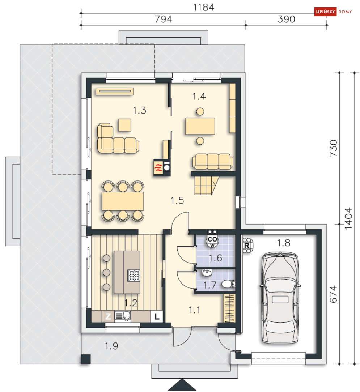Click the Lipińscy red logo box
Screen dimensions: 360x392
click(x=325, y=12)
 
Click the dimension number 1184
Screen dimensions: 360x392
click(x=204, y=8)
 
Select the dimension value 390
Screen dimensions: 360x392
click(x=286, y=19)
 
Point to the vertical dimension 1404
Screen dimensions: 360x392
click(x=348, y=218)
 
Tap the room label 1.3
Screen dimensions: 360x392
click(x=139, y=110)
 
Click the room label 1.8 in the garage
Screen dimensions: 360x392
click(x=283, y=243)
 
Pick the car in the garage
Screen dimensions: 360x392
click(x=280, y=298)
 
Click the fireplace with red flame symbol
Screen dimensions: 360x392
click(x=158, y=168)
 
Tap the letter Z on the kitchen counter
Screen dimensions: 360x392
click(x=108, y=316)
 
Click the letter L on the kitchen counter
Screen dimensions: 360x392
click(x=157, y=316)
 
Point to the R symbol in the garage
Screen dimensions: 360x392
click(x=247, y=246)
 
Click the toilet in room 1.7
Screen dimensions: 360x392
click(x=228, y=284)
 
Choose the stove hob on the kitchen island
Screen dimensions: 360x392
click(x=134, y=276)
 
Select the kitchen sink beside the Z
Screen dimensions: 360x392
click(x=123, y=316)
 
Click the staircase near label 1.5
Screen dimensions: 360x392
click(x=207, y=186)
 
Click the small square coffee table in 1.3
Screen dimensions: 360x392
click(x=124, y=125)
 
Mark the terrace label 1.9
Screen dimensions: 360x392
click(x=111, y=346)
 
